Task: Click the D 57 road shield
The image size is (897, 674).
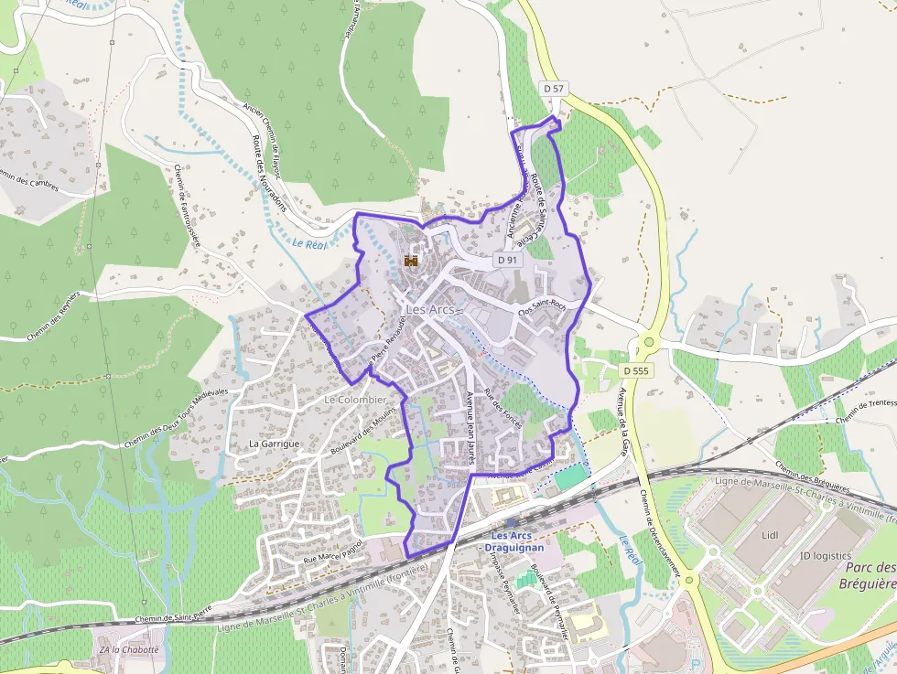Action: pyautogui.click(x=554, y=89)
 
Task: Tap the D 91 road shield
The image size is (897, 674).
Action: pyautogui.click(x=508, y=260)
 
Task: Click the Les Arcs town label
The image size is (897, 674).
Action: pyautogui.click(x=429, y=310)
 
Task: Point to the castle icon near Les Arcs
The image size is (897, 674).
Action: pyautogui.click(x=411, y=261)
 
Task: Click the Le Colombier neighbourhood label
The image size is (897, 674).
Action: pyautogui.click(x=356, y=400)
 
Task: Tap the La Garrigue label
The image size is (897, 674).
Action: pyautogui.click(x=275, y=444)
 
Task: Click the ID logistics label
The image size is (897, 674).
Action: pyautogui.click(x=825, y=555)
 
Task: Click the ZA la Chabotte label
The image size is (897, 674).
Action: pyautogui.click(x=128, y=649)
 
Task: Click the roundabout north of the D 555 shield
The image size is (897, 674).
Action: pyautogui.click(x=649, y=342)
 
